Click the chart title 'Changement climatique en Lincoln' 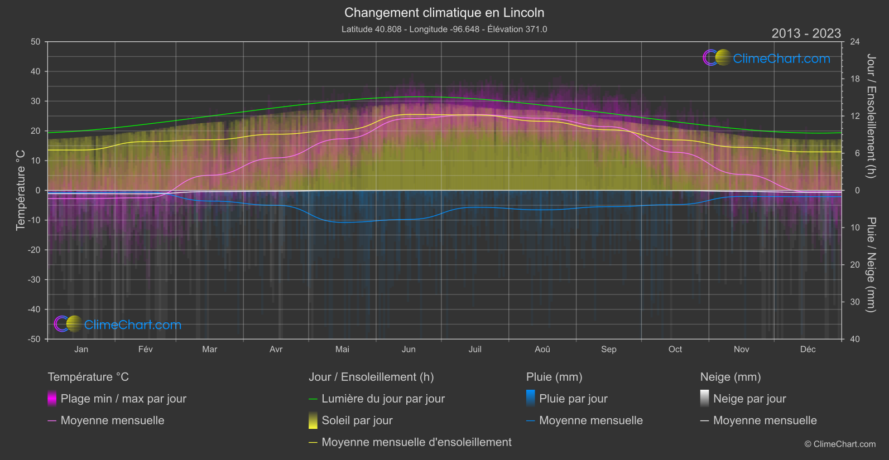pyautogui.click(x=444, y=12)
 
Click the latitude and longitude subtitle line pyautogui.click(x=444, y=29)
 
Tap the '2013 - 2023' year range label pyautogui.click(x=806, y=33)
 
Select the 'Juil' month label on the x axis pyautogui.click(x=475, y=349)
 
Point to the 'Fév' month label pyautogui.click(x=145, y=349)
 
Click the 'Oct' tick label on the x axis pyautogui.click(x=675, y=349)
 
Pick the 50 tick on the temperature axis pyautogui.click(x=36, y=42)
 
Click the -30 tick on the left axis pyautogui.click(x=35, y=279)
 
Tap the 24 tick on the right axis pyautogui.click(x=854, y=42)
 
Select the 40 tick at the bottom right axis pyautogui.click(x=854, y=339)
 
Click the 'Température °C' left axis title pyautogui.click(x=21, y=190)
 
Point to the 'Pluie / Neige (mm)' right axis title pyautogui.click(x=871, y=264)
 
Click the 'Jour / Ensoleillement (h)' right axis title pyautogui.click(x=871, y=116)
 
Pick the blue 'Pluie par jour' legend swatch pyautogui.click(x=531, y=399)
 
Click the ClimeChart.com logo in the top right pyautogui.click(x=766, y=58)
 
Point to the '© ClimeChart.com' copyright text pyautogui.click(x=840, y=444)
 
